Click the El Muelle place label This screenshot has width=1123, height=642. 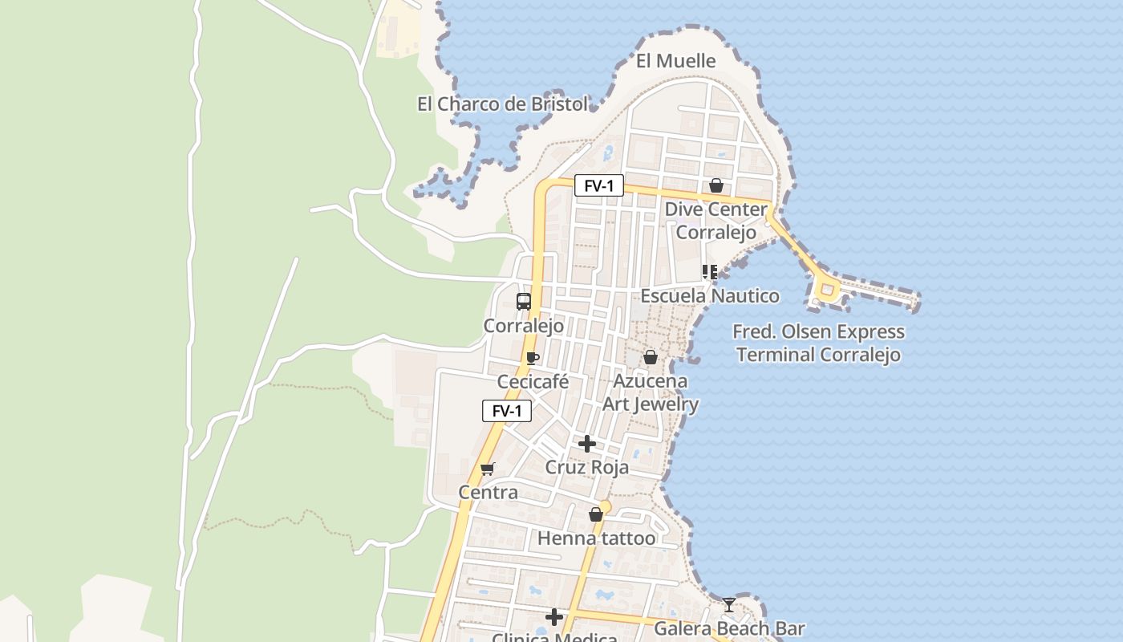[675, 61]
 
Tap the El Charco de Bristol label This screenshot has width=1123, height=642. [502, 104]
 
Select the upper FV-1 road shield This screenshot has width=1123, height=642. [598, 186]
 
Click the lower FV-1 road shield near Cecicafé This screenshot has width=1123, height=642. [507, 411]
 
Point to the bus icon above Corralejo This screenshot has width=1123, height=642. [524, 302]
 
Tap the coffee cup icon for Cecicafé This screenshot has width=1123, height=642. [532, 358]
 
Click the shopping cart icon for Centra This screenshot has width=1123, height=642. [488, 469]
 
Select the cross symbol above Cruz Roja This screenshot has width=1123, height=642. [587, 444]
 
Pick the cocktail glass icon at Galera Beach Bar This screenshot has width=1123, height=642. [728, 605]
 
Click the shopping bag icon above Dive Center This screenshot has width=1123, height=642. [716, 186]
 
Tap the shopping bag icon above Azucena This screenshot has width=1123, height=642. [651, 357]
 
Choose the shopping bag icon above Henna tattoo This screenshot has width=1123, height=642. [596, 514]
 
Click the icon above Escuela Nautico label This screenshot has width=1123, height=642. [709, 272]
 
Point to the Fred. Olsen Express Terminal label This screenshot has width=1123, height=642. [818, 343]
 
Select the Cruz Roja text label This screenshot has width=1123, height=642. [587, 467]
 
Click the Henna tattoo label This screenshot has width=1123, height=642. [596, 538]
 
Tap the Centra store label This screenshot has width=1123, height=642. [488, 492]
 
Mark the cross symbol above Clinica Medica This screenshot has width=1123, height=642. [554, 617]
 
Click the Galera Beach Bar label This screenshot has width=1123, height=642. [729, 628]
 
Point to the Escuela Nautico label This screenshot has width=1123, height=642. [709, 296]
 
